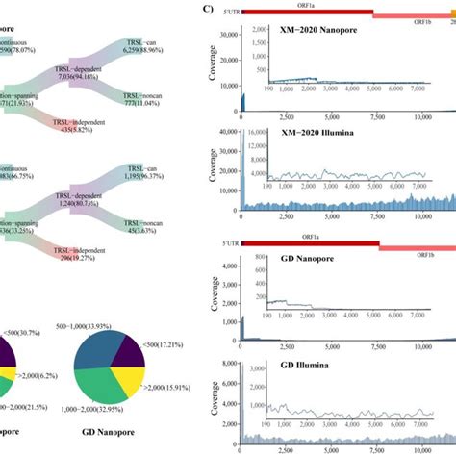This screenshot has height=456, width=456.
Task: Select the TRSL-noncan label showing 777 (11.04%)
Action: coord(153,101)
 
